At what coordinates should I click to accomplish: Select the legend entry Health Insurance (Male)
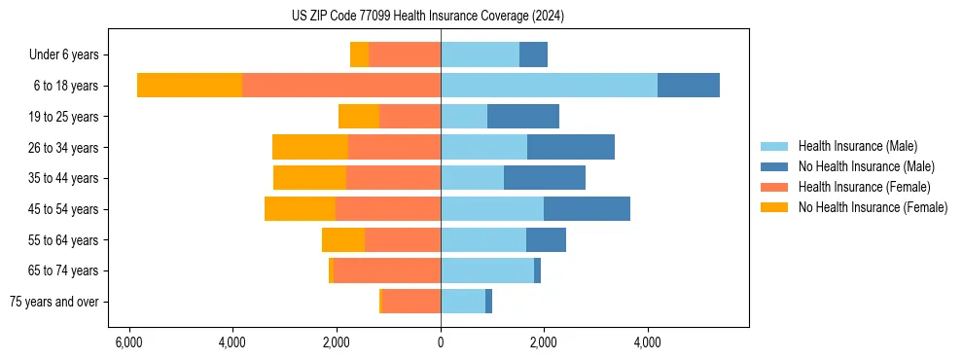coord(857,146)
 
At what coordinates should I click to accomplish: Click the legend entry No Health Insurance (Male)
coord(866,166)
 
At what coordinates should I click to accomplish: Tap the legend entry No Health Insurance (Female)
coord(873,207)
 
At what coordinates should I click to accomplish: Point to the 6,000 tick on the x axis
coord(128,342)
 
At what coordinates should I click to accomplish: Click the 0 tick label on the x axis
coord(441,342)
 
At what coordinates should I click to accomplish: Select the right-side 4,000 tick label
coord(648,342)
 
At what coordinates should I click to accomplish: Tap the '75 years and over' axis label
coord(54,302)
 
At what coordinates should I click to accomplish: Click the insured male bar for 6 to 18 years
coord(549,86)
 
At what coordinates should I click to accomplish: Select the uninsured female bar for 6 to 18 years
coord(190,86)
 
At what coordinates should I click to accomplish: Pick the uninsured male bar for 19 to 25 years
coord(523,117)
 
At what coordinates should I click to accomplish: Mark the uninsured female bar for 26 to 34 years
coord(310,147)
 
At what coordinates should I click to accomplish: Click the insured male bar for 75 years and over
coord(463,302)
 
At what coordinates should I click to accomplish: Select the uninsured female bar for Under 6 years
coord(359,55)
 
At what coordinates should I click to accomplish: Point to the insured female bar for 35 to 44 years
coord(393,178)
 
